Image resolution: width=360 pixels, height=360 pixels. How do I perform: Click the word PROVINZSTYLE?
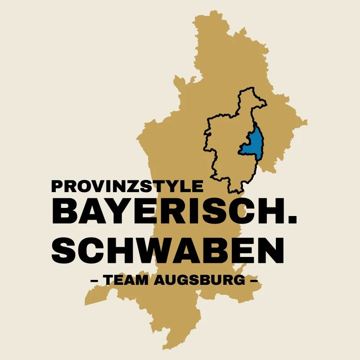point(128,186)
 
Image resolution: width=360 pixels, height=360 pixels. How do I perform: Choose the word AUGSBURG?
point(200,281)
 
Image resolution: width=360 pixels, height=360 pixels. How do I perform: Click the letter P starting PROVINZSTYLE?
point(57,186)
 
